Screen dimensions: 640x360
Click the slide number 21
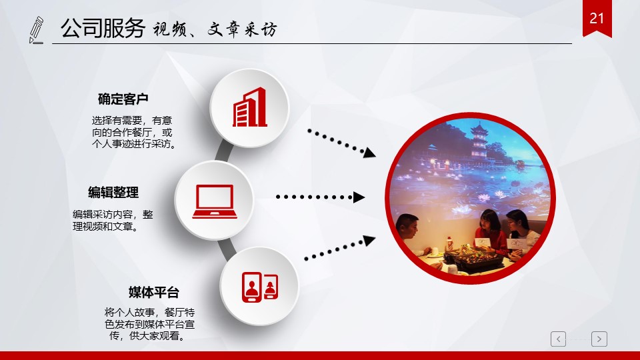[x=596, y=19]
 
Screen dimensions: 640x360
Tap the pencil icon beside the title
[x=36, y=30]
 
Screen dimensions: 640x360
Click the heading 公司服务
[x=103, y=28]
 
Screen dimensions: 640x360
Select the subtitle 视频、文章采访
[x=215, y=29]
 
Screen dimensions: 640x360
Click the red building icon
[x=249, y=107]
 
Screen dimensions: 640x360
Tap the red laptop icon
[x=215, y=201]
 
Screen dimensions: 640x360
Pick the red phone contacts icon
[x=260, y=287]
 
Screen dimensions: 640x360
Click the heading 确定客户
[x=123, y=99]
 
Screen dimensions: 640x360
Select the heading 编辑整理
[x=113, y=192]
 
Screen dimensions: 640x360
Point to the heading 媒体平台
[x=154, y=292]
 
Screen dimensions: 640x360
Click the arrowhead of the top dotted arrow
[x=369, y=153]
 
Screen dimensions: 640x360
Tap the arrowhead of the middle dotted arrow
[x=359, y=197]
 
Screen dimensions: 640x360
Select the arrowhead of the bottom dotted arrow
[x=369, y=241]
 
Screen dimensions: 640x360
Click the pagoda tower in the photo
[x=479, y=142]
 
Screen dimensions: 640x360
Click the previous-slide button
[x=559, y=339]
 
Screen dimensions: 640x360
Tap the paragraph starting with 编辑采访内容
[x=113, y=221]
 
